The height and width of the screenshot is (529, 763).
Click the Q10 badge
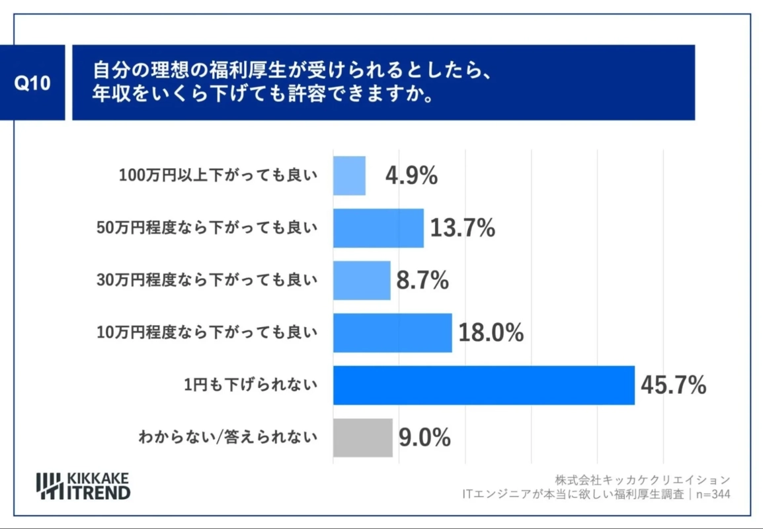pyautogui.click(x=32, y=83)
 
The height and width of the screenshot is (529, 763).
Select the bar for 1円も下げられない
pyautogui.click(x=483, y=385)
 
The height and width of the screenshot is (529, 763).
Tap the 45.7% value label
pyautogui.click(x=673, y=385)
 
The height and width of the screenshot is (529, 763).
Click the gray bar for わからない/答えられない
pyautogui.click(x=362, y=438)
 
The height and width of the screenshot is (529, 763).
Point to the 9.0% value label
pyautogui.click(x=424, y=438)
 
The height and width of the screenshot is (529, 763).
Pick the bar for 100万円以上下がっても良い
pyautogui.click(x=349, y=175)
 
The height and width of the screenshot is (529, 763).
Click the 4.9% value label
pyautogui.click(x=411, y=176)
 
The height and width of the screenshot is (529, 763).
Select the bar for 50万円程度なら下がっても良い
pyautogui.click(x=378, y=228)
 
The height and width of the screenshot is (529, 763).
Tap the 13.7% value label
pyautogui.click(x=463, y=228)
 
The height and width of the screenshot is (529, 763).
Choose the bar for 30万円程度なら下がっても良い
pyautogui.click(x=362, y=281)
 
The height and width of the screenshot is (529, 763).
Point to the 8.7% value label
pyautogui.click(x=422, y=281)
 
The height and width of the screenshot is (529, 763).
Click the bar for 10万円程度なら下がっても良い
pyautogui.click(x=392, y=333)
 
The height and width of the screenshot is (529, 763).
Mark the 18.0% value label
pyautogui.click(x=491, y=333)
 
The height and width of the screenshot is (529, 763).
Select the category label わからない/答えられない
pyautogui.click(x=227, y=437)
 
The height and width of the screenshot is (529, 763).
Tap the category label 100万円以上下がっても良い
pyautogui.click(x=218, y=175)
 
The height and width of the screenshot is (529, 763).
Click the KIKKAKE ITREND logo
pyautogui.click(x=83, y=486)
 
